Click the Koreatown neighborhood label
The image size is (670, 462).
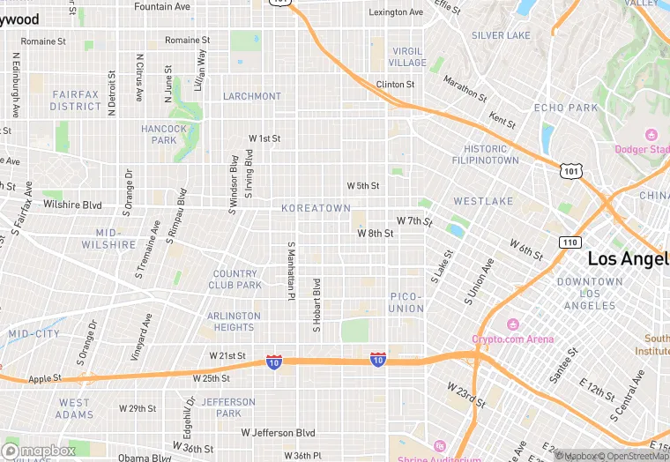[316, 208]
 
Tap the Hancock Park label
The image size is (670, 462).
[164, 134]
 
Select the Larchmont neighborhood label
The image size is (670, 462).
[252, 96]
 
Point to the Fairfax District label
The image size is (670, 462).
[76, 101]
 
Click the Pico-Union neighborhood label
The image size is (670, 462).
[406, 302]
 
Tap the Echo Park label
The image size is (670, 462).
[566, 108]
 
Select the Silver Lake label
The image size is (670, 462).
[501, 35]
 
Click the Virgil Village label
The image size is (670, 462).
[407, 57]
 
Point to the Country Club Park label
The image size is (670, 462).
[235, 279]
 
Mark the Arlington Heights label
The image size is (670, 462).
[234, 321]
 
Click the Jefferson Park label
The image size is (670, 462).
[228, 407]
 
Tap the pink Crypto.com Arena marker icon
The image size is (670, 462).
[512, 324]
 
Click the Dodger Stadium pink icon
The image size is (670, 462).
[651, 135]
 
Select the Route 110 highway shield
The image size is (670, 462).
[569, 241]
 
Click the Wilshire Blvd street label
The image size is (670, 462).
[72, 205]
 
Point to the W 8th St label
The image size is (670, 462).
[375, 233]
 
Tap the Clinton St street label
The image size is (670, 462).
[395, 85]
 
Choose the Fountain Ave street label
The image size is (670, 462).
[161, 6]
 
